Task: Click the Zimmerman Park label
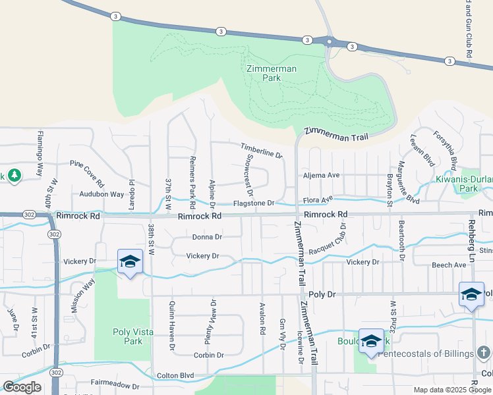tap(272, 73)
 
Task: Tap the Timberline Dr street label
tap(261, 151)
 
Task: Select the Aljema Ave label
tap(321, 175)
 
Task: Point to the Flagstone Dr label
tap(254, 203)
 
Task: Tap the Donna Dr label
tap(207, 237)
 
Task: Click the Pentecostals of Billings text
tap(431, 353)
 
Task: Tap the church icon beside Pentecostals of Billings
tap(483, 353)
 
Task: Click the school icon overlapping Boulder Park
tap(371, 341)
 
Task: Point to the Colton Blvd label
tap(175, 376)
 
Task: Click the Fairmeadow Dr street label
tap(115, 387)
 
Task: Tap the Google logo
tap(22, 387)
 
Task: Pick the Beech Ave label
tap(449, 265)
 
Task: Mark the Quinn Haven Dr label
tap(173, 325)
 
